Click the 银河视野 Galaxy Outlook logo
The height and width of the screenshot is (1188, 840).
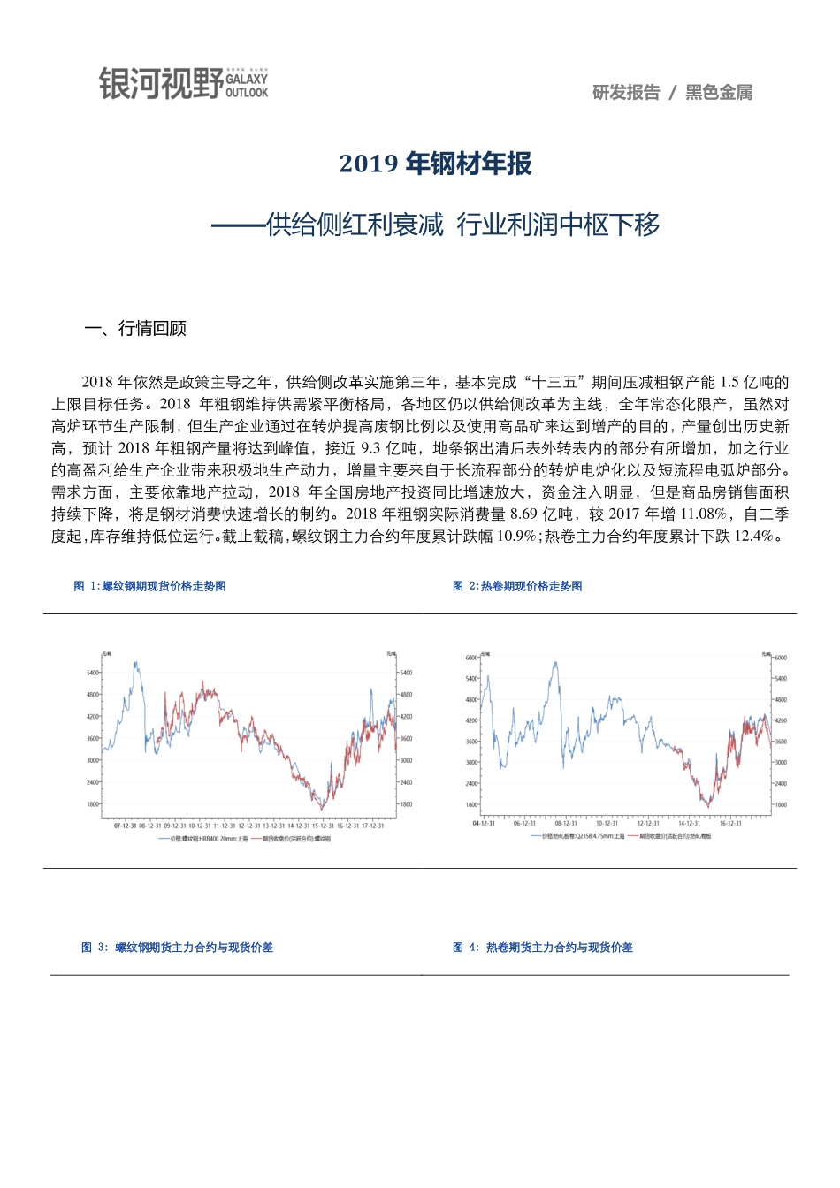[x=183, y=84]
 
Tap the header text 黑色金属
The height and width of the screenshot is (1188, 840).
[x=719, y=93]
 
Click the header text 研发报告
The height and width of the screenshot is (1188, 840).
[x=626, y=93]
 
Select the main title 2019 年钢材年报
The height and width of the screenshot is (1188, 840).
[x=435, y=164]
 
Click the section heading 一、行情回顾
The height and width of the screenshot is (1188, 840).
[x=135, y=328]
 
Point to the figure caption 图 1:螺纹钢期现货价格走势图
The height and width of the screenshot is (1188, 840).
[x=149, y=586]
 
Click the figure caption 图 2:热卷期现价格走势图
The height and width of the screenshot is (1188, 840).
[x=517, y=586]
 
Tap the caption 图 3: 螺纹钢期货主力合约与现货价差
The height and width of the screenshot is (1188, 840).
[x=177, y=948]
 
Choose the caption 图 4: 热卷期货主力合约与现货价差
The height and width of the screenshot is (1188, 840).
[x=543, y=948]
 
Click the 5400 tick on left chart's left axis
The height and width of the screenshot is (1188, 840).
[x=93, y=673]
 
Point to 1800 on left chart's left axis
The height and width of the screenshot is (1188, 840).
[x=93, y=804]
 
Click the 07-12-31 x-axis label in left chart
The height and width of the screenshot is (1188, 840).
[x=125, y=826]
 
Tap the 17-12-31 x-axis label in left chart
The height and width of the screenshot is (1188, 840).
[x=372, y=826]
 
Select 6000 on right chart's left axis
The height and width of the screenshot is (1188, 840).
[x=471, y=658]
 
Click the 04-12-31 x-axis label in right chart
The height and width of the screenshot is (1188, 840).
[x=484, y=824]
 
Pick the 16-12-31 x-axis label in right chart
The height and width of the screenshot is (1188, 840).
[x=730, y=824]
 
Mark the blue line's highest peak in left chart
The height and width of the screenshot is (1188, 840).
[x=135, y=662]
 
